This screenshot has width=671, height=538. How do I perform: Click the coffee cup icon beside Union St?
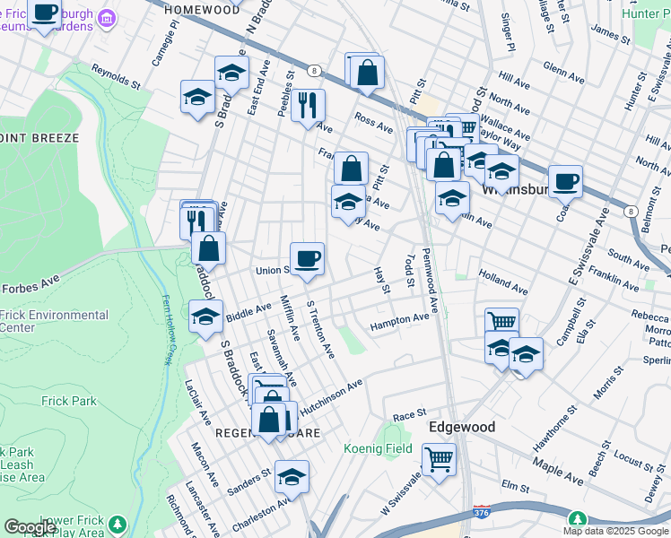tap(307, 257)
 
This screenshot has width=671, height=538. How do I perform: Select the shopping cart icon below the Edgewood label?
tap(439, 460)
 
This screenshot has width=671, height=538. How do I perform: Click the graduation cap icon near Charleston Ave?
tap(292, 477)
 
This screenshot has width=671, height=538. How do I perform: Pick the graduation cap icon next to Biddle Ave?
tap(205, 316)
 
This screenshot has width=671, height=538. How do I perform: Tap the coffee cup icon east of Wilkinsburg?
tap(565, 181)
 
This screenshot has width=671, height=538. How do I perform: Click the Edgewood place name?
tap(462, 427)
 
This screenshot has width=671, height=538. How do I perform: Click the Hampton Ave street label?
tap(400, 319)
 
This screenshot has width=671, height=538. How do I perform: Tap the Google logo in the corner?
tap(30, 526)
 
